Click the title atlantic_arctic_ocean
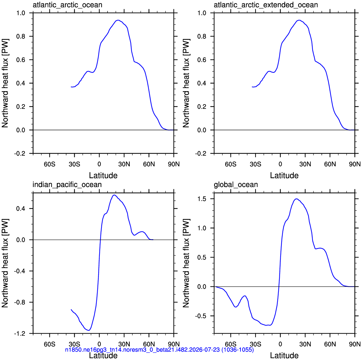[x=67, y=5]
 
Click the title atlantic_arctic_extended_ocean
[x=266, y=5]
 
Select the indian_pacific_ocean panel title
[x=67, y=185]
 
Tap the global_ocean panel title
[x=236, y=185]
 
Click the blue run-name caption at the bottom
[x=159, y=349]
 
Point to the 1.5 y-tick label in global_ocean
[x=202, y=199]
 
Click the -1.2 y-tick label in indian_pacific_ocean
[x=19, y=334]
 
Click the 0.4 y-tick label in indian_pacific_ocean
[x=20, y=208]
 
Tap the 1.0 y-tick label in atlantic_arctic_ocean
[x=20, y=13]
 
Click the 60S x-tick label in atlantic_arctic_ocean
[x=50, y=164]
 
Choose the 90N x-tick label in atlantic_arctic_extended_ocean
[x=355, y=164]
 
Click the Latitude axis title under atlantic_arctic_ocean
[x=103, y=176]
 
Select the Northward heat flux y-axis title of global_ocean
[x=186, y=263]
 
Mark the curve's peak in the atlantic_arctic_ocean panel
[x=118, y=20]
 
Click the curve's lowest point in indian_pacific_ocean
[x=89, y=330]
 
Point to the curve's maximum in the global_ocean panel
[x=296, y=199]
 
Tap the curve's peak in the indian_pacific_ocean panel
[x=114, y=195]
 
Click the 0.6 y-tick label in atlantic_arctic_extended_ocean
[x=202, y=60]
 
